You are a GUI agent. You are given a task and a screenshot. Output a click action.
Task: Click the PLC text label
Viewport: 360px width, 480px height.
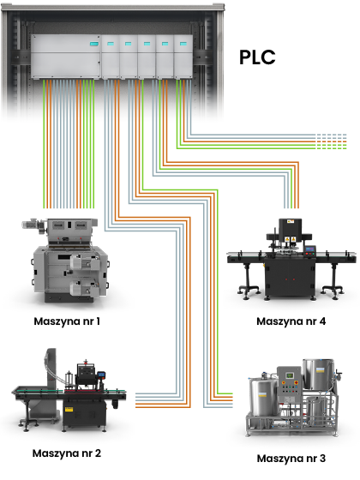click(x=257, y=57)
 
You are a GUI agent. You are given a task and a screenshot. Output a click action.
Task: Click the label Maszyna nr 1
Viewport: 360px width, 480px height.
click(x=67, y=321)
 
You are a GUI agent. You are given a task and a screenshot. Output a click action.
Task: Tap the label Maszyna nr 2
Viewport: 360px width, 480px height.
click(x=67, y=453)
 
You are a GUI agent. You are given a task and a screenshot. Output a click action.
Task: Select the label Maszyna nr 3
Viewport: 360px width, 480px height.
click(x=291, y=459)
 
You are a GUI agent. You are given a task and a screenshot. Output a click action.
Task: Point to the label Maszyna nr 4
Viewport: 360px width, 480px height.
click(x=291, y=321)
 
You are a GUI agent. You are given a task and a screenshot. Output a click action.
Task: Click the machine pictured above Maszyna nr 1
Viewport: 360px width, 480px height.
click(x=66, y=261)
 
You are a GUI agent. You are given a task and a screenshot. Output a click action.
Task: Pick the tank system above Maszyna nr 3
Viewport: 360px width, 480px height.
click(x=293, y=399)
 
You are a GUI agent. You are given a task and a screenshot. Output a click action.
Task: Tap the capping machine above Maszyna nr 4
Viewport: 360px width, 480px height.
click(x=291, y=260)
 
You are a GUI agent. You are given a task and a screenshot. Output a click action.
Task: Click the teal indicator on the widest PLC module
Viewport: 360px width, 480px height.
click(x=94, y=44)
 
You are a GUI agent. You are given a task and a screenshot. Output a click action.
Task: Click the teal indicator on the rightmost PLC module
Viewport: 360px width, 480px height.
click(x=183, y=44)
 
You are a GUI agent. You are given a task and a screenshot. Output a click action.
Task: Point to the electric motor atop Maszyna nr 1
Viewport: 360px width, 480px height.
click(x=34, y=224)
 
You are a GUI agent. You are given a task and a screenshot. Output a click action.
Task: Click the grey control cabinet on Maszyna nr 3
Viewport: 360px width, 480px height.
click(x=289, y=385)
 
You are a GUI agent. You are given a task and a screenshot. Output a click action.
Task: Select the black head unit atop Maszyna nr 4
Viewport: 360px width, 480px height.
click(x=290, y=227)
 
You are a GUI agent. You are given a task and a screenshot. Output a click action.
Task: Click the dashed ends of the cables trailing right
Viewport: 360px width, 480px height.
click(x=332, y=141)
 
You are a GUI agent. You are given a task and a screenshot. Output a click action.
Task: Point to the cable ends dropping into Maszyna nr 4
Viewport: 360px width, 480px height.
click(x=291, y=205)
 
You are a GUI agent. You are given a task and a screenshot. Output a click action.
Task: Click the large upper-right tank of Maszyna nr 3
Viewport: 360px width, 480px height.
click(x=318, y=374)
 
